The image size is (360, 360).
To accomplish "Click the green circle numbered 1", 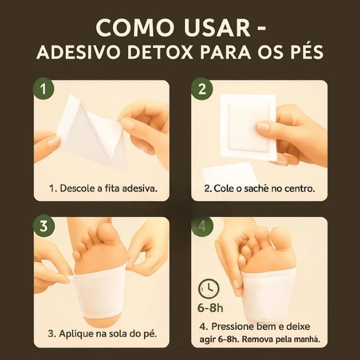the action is click(x=44, y=89).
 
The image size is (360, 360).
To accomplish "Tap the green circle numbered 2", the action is click(x=202, y=89).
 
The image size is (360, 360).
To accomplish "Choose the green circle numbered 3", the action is click(x=44, y=226).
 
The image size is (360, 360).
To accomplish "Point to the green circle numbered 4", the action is click(x=202, y=226).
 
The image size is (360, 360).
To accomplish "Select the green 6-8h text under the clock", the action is click(x=210, y=308).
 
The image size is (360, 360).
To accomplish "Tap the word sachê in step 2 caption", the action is click(x=256, y=189).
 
